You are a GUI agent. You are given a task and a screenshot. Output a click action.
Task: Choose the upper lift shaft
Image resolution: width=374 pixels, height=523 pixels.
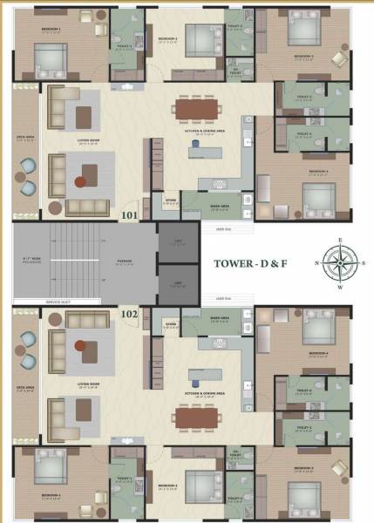177,242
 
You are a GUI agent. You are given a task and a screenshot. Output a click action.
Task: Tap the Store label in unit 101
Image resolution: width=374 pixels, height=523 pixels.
171,200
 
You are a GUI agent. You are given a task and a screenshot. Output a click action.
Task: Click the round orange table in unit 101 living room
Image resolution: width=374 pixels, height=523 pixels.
80,182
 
